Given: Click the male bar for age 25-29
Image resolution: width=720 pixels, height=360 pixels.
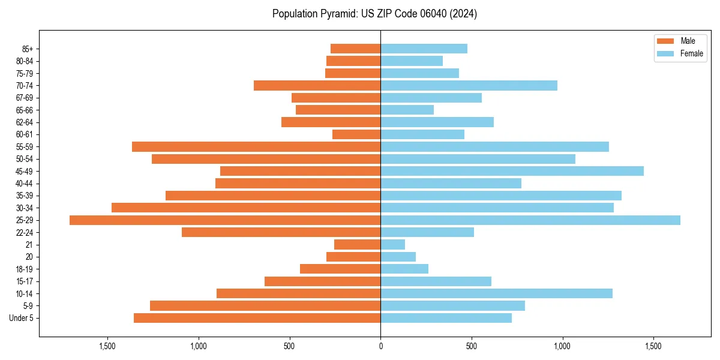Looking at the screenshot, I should coord(225,220).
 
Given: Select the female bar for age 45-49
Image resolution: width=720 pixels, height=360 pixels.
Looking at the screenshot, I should coord(512,171).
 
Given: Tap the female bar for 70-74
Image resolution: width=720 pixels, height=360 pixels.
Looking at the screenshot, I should coord(469,86).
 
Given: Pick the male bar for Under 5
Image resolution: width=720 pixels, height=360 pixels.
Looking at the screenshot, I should coord(257,318).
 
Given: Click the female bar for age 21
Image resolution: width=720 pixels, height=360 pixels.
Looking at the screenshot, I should coord(392,245).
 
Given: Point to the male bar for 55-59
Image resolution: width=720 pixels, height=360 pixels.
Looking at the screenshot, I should coord(256,147).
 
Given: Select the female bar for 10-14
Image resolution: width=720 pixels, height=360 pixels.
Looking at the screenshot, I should coord(496,293).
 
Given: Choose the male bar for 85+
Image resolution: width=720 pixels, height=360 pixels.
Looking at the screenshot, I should coord(355,49).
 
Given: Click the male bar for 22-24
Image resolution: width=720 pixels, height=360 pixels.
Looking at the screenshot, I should coord(281,232).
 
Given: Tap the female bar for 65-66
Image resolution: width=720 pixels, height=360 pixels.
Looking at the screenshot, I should coord(407,110).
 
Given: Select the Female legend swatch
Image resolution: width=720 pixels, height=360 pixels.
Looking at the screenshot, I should coord(666,53).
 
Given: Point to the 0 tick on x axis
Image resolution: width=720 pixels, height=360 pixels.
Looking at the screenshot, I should coord(380,346).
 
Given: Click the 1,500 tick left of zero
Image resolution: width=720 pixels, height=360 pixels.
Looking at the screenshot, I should coord(107,346).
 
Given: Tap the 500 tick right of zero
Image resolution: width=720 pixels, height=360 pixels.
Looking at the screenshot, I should coord(472,346).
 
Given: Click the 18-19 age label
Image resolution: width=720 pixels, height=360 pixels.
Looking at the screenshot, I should coord(25,269).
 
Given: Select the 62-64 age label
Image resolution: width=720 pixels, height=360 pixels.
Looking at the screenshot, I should coord(25,122).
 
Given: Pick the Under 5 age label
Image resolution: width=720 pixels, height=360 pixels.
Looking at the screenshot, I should coord(22,318).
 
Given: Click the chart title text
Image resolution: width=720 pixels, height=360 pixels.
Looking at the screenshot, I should coord(374,14).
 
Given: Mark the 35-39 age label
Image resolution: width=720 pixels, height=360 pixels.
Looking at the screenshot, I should coord(25,196).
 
